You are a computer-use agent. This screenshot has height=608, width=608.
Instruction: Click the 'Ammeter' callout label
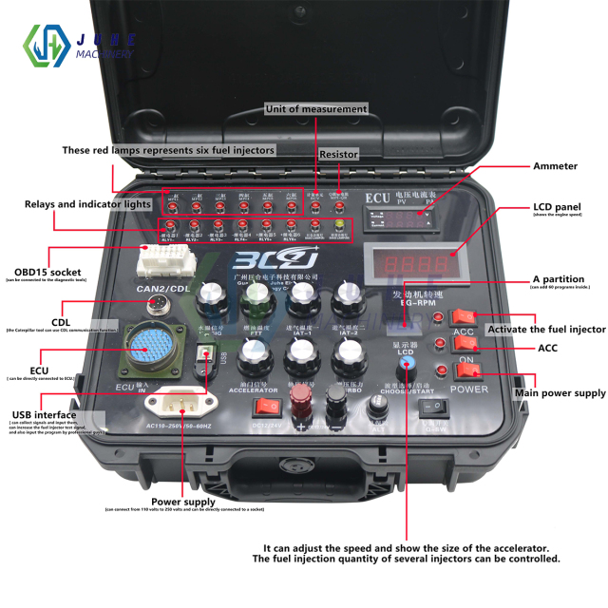pyautogui.click(x=555, y=166)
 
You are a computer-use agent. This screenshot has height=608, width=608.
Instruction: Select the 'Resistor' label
pyautogui.click(x=338, y=154)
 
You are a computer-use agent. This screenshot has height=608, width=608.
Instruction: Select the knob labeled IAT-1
pyautogui.click(x=302, y=301)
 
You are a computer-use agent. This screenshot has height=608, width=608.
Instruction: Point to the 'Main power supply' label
pyautogui.click(x=560, y=393)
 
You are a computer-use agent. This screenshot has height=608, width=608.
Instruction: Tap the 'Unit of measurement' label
pyautogui.click(x=316, y=109)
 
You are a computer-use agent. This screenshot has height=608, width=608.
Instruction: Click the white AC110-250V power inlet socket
pyautogui.click(x=177, y=402)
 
